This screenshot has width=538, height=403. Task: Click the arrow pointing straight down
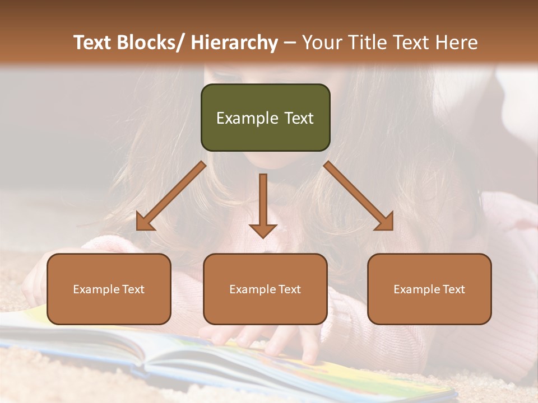(x=263, y=204)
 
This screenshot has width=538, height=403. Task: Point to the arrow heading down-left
(x=171, y=196)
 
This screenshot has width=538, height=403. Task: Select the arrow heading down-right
(x=359, y=196)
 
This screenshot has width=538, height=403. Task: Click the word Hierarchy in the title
(x=234, y=43)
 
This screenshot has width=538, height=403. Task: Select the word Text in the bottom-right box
(x=454, y=289)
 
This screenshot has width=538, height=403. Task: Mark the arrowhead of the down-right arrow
(x=386, y=223)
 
